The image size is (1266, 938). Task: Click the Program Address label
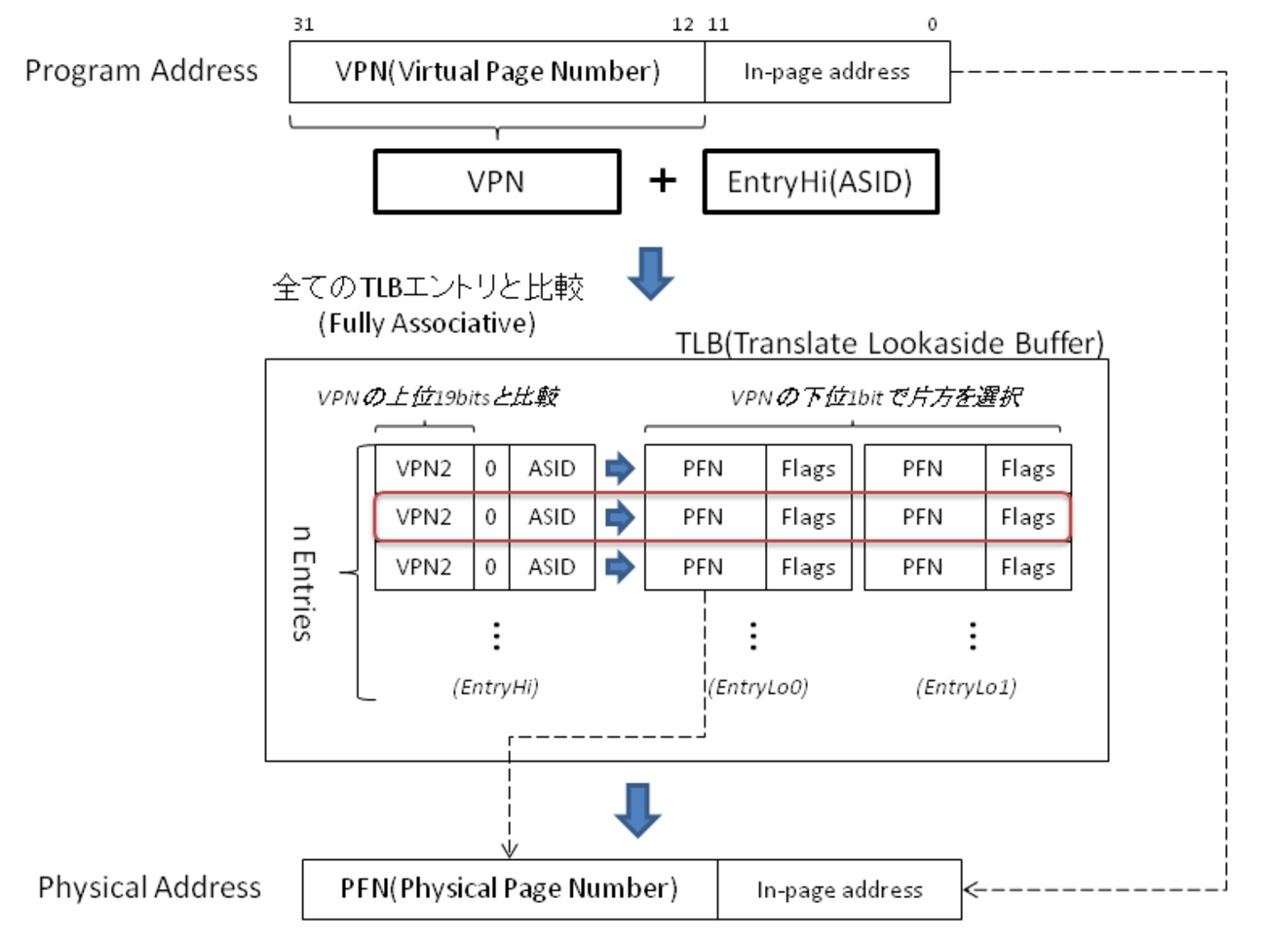pos(141,71)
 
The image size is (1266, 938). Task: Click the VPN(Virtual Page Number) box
pos(497,72)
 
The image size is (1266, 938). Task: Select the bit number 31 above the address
pos(303,24)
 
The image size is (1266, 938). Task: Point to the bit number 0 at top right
pos(932,24)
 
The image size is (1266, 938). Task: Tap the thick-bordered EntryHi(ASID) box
pos(820,182)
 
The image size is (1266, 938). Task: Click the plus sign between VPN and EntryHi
pos(663,180)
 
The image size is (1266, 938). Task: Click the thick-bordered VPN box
pos(497,182)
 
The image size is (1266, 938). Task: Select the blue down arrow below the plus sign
pos(650,273)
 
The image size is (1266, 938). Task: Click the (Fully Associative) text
pos(427,323)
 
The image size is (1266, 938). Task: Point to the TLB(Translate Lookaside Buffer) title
pos(889,343)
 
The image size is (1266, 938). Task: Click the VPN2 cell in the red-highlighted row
pos(424,517)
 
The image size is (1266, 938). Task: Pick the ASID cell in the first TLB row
pos(552,469)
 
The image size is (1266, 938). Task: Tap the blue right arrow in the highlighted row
pos(620,517)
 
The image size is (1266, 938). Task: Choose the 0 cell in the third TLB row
pos(491,567)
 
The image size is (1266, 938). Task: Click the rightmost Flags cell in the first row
pos(1027,469)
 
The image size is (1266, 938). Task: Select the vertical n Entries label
pos(303,583)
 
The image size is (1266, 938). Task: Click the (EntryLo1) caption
pos(966,688)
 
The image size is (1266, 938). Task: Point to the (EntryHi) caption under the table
pos(495,688)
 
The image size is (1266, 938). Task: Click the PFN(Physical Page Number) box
pos(509,889)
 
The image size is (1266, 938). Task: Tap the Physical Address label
pos(149,887)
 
